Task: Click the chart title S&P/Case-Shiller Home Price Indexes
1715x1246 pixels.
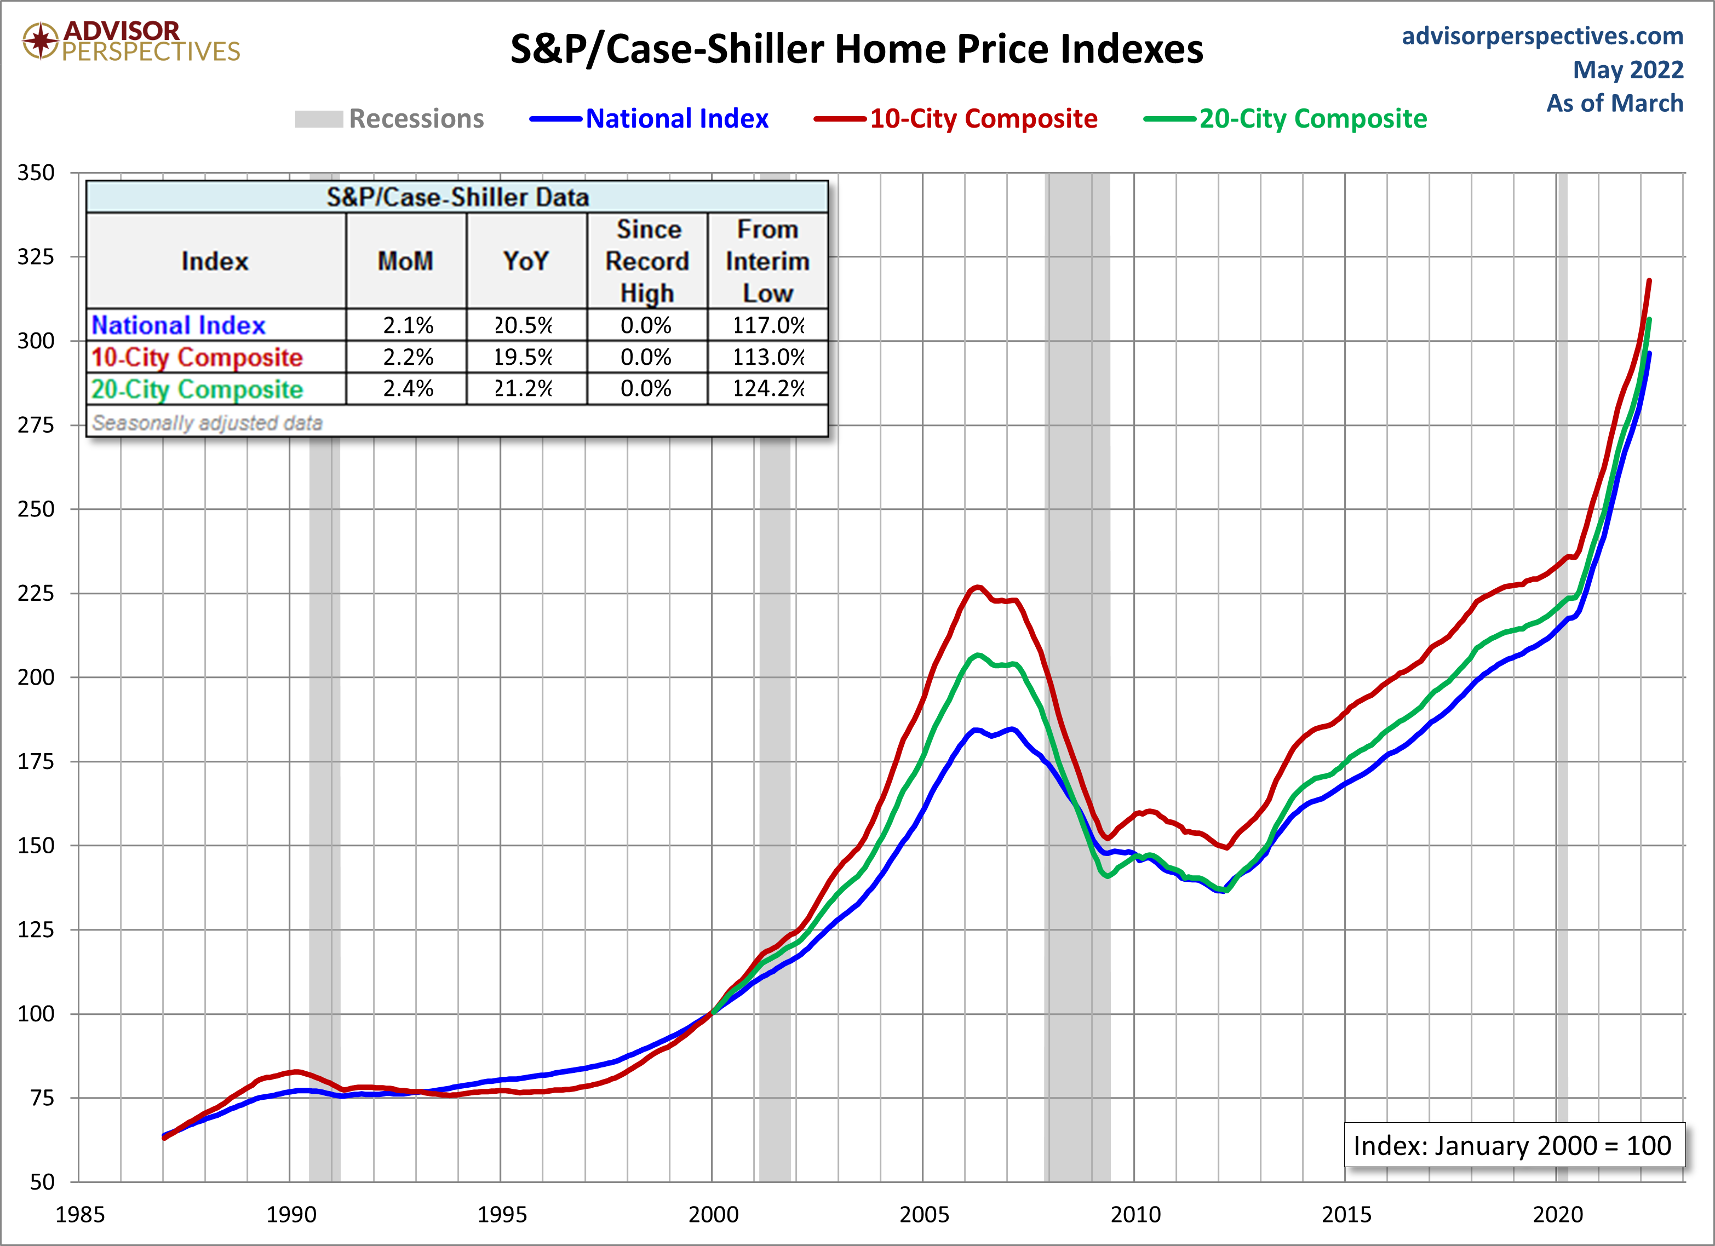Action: (856, 50)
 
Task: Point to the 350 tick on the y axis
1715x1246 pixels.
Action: (36, 173)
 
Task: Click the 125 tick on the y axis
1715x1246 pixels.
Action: (36, 930)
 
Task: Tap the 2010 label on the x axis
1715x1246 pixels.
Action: (1135, 1214)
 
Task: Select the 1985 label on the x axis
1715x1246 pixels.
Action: (80, 1214)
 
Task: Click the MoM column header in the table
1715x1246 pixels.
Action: (406, 261)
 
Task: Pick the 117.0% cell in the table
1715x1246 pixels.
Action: (768, 325)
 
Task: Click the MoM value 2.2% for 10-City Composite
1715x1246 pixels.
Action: (408, 357)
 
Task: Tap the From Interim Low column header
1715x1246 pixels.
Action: (767, 261)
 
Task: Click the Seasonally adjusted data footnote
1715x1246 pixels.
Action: (207, 423)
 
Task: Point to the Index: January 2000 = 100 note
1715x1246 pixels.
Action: (1512, 1145)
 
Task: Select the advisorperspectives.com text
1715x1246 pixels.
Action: (1542, 36)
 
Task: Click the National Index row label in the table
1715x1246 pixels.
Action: (179, 325)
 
